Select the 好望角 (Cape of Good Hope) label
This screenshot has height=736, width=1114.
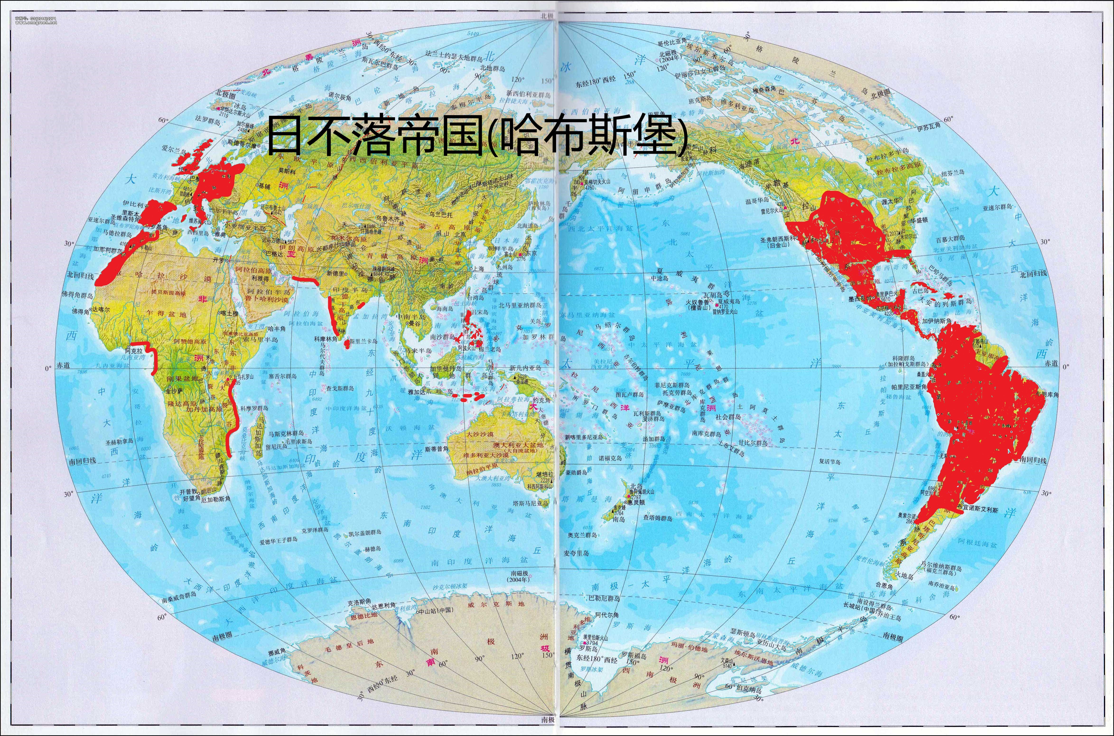(191, 497)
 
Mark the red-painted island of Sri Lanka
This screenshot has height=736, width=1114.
(347, 344)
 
